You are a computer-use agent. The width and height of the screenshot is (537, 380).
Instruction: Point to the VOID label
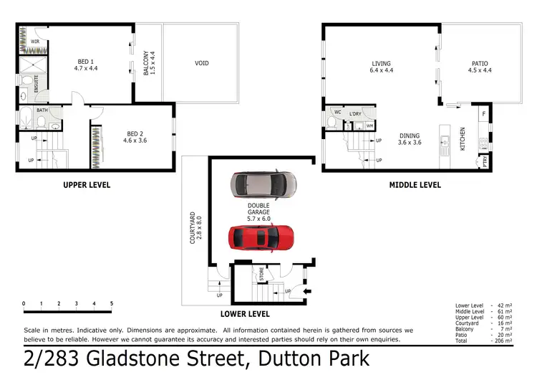click(202, 63)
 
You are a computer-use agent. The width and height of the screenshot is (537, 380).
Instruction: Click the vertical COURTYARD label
click(193, 227)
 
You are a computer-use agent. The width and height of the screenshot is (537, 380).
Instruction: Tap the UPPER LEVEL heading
click(86, 185)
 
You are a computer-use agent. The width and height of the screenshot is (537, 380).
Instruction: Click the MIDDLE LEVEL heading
click(415, 185)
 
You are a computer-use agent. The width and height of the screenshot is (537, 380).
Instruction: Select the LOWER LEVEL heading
click(244, 314)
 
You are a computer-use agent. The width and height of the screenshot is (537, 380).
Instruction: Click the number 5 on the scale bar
click(112, 304)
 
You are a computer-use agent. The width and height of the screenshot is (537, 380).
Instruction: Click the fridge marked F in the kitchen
click(484, 113)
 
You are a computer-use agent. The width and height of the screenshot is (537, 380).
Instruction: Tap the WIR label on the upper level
click(34, 42)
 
